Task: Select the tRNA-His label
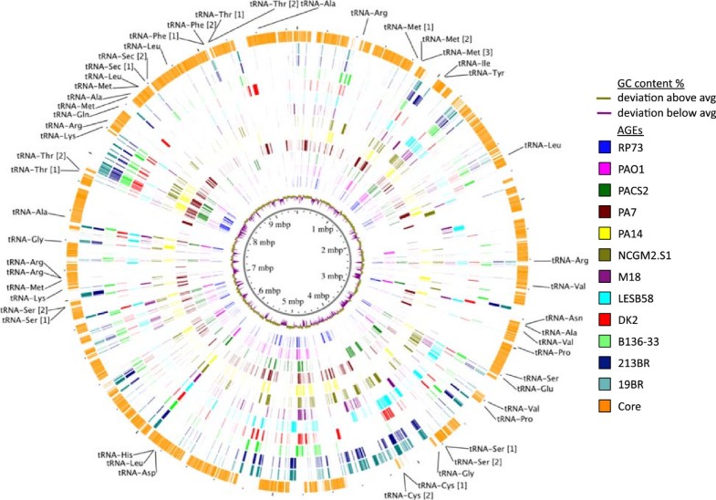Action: [x=116, y=453]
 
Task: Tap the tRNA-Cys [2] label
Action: [x=407, y=495]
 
